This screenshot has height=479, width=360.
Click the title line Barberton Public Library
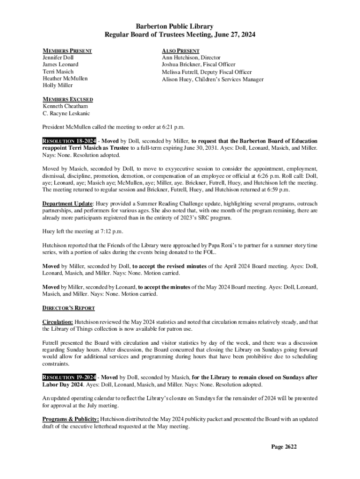click(180, 27)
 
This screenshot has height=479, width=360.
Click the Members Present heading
click(67, 51)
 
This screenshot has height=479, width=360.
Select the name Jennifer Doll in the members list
click(58, 58)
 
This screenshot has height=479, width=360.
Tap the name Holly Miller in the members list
click(58, 86)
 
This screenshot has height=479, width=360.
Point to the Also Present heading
click(180, 51)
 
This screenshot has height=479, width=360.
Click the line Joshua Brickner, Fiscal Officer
click(198, 65)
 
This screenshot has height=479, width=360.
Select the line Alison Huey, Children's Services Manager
click(212, 79)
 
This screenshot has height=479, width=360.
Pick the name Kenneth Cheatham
click(65, 106)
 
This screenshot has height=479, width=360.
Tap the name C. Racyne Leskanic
click(66, 113)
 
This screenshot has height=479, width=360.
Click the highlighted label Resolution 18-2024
click(70, 141)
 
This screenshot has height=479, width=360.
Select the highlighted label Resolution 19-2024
click(70, 377)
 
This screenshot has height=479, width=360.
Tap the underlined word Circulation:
click(58, 322)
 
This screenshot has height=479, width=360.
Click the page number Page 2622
click(284, 447)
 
